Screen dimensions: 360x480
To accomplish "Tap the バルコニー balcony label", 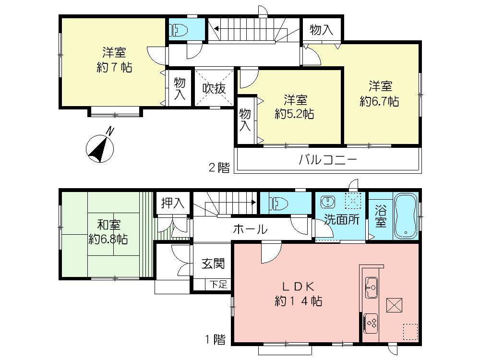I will (x=328, y=160).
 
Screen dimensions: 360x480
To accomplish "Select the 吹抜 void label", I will (x=213, y=89).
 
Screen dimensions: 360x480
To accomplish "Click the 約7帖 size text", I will (x=114, y=67).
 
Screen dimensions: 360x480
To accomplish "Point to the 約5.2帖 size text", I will (x=295, y=114).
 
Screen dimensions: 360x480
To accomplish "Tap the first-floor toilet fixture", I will (x=277, y=203).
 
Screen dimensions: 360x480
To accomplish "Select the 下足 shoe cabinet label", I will (x=218, y=284).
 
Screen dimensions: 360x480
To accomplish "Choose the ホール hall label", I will (x=250, y=229).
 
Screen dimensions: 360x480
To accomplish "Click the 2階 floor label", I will (x=218, y=168).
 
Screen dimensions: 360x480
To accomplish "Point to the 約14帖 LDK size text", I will (x=298, y=301).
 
